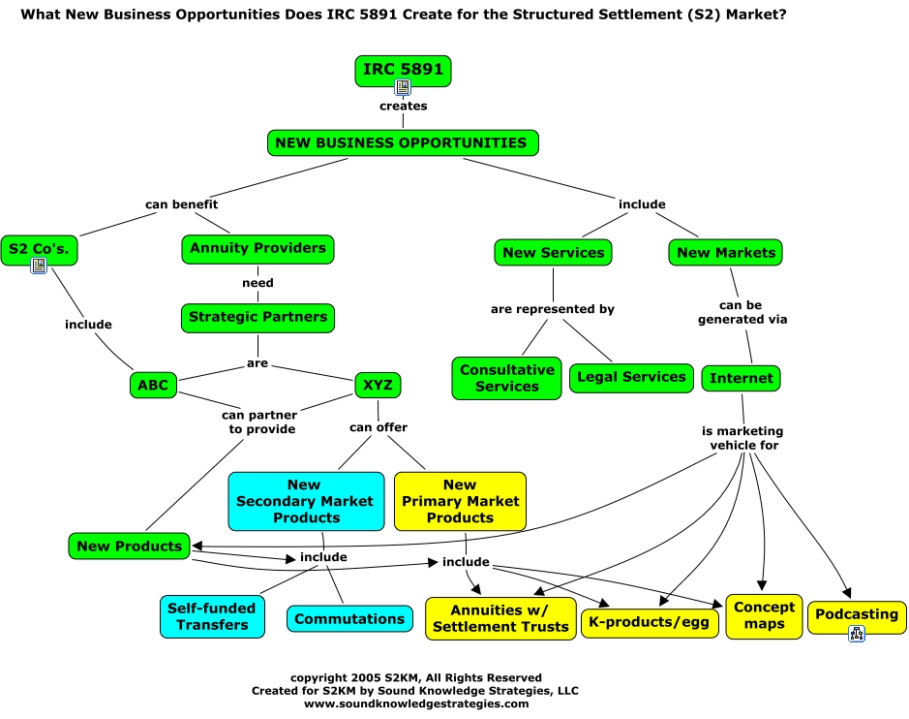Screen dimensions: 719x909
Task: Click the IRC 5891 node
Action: click(x=403, y=71)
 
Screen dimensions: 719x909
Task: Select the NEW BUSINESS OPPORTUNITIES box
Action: click(x=402, y=143)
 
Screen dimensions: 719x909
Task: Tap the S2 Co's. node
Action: click(x=39, y=248)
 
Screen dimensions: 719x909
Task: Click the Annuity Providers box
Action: click(x=258, y=248)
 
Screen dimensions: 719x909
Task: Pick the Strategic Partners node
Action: click(x=258, y=317)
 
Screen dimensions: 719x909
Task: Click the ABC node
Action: click(x=153, y=386)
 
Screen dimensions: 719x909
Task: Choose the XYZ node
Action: click(x=378, y=386)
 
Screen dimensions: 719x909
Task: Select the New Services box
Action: click(x=553, y=253)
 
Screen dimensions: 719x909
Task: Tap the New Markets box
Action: click(x=726, y=253)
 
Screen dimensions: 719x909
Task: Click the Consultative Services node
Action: click(x=506, y=378)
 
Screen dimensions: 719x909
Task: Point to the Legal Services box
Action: click(x=631, y=377)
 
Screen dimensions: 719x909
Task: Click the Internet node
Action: click(x=741, y=378)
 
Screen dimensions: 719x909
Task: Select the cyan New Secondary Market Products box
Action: click(x=305, y=501)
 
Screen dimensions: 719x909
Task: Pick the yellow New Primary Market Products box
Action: click(x=460, y=501)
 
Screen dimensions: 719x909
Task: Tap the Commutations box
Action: click(x=349, y=619)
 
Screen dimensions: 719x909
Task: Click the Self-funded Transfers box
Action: click(x=212, y=617)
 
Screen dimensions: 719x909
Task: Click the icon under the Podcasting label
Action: click(x=857, y=633)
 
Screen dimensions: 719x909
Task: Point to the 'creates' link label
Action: click(x=404, y=106)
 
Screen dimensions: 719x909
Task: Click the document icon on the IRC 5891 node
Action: click(x=403, y=87)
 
